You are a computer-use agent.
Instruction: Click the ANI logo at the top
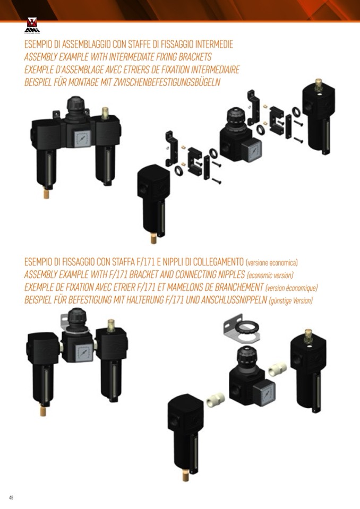point(32,25)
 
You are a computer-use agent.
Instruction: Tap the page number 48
point(11,497)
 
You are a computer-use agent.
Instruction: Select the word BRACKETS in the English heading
point(195,57)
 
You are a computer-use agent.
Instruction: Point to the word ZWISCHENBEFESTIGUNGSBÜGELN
point(167,82)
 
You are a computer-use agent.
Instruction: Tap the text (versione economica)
point(272,262)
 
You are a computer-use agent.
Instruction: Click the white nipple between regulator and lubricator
point(278,369)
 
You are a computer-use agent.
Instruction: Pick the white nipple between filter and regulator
point(216,400)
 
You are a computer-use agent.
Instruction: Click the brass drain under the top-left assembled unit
point(46,194)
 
